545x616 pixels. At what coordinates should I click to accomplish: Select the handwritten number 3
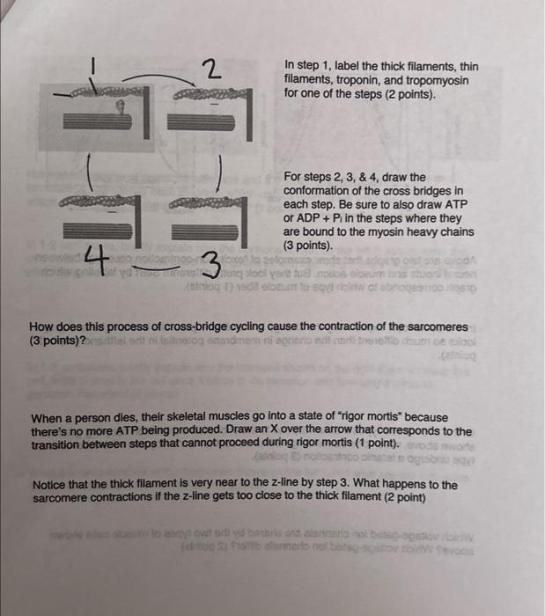pos(212,262)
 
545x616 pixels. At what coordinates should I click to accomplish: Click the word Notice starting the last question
pos(50,485)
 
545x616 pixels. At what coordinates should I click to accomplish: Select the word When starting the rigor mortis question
pos(49,418)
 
